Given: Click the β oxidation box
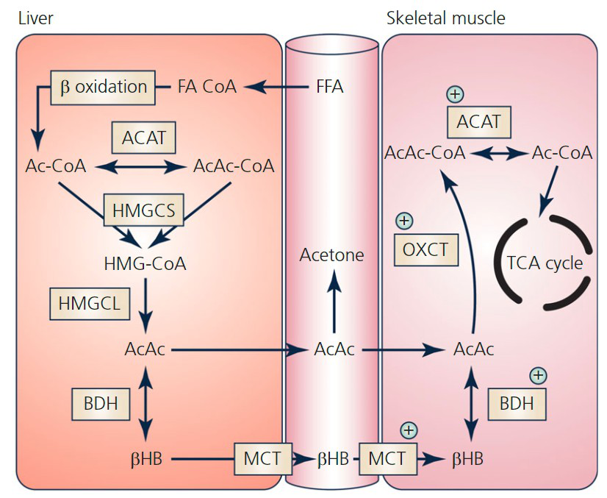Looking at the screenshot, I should coord(102,87).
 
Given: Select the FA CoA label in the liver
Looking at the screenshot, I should coord(207,87).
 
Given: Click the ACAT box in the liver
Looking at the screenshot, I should coord(143,136).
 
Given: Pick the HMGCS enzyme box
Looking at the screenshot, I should coord(144,211).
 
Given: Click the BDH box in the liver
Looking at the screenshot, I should coord(96,402).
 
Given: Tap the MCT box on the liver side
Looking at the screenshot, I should coord(262,458).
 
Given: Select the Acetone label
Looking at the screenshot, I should coord(331,255).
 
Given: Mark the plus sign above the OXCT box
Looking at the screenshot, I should coord(404,221).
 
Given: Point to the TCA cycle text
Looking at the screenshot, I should coord(545,263).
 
